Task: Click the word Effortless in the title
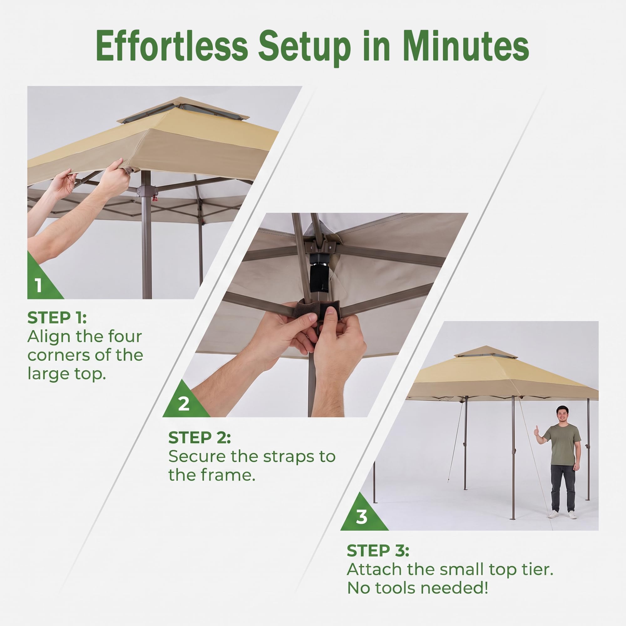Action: point(172,46)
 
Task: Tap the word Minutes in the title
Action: point(466,46)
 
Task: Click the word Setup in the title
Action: point(304,49)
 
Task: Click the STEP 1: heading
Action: point(57,317)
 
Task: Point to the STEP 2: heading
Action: point(200,438)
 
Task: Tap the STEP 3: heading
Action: point(378,551)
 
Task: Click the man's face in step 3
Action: point(562,413)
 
